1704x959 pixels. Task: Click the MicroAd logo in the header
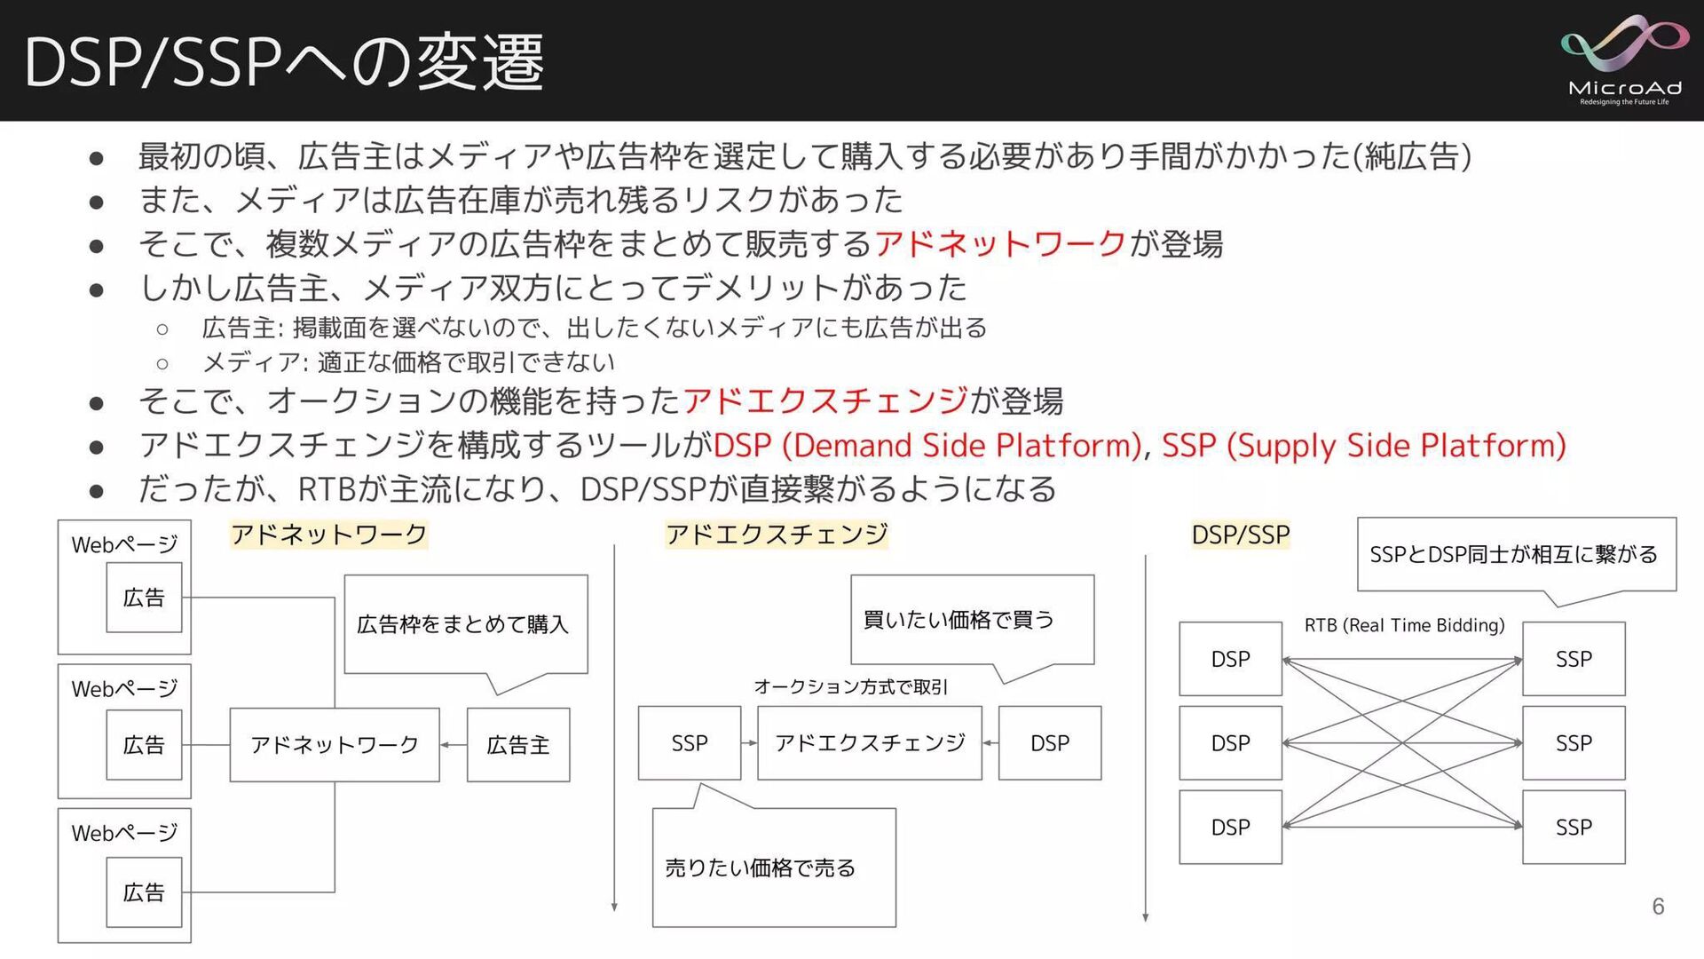click(1624, 60)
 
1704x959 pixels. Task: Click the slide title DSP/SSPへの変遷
click(284, 62)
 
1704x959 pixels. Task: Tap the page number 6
click(1658, 906)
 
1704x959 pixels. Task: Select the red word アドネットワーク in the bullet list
click(1000, 243)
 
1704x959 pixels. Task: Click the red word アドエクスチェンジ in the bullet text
click(825, 400)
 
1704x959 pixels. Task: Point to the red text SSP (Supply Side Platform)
click(1363, 445)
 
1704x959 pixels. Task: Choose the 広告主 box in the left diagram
click(518, 744)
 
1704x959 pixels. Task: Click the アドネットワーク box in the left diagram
click(335, 744)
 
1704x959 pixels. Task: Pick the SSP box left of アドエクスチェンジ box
click(690, 743)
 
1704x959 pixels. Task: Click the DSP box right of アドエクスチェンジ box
click(1050, 743)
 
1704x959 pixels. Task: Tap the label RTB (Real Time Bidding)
click(1404, 625)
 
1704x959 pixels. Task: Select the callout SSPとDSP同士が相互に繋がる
click(1515, 555)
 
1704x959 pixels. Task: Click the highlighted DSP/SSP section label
click(1240, 535)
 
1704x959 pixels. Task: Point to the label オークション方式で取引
click(850, 686)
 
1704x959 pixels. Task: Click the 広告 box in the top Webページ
click(144, 598)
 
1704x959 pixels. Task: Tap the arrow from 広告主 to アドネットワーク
click(454, 744)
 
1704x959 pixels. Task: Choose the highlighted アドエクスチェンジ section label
click(777, 535)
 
